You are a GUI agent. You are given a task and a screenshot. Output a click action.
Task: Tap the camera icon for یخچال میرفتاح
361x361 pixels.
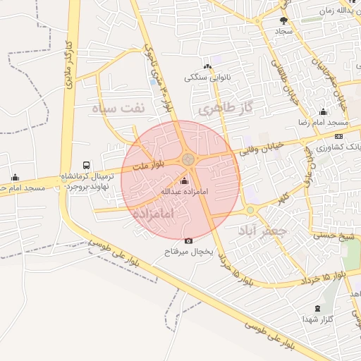pyautogui.click(x=188, y=241)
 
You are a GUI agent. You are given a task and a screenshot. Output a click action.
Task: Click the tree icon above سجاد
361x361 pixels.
pyautogui.click(x=283, y=20)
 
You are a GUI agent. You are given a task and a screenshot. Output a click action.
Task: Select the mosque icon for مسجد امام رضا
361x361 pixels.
pyautogui.click(x=323, y=111)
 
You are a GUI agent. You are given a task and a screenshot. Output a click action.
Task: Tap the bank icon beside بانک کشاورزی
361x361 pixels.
pyautogui.click(x=339, y=136)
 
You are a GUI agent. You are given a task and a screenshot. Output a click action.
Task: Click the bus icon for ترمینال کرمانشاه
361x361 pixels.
pyautogui.click(x=86, y=164)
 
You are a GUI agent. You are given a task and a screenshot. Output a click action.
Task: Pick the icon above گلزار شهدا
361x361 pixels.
pyautogui.click(x=317, y=308)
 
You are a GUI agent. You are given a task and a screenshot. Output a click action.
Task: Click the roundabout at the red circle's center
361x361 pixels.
pyautogui.click(x=188, y=160)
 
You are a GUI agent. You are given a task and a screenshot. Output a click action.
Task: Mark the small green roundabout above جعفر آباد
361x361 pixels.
pyautogui.click(x=250, y=210)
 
